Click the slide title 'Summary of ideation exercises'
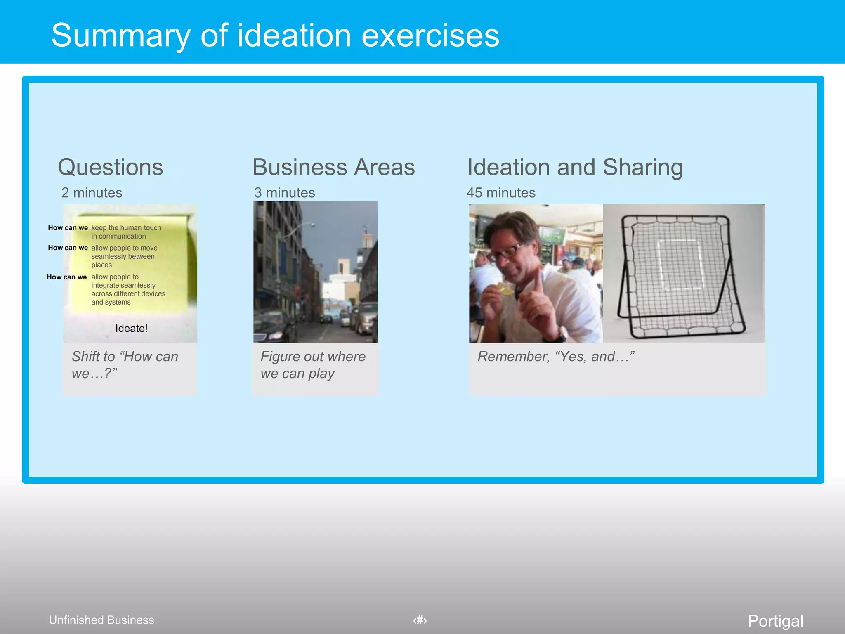coord(275,35)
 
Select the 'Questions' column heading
coord(110,167)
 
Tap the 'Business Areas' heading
coord(333,167)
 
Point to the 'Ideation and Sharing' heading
coord(575,167)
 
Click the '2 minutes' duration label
coord(92,193)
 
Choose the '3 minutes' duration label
coord(284,193)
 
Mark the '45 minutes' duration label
coord(501,193)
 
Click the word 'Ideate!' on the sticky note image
coord(131,329)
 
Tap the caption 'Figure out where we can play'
coord(313,365)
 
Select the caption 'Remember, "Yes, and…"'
coord(556,357)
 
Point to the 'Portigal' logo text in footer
coord(775,621)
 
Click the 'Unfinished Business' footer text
coord(101,620)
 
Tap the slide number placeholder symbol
coord(420,620)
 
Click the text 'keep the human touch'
coord(126,228)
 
